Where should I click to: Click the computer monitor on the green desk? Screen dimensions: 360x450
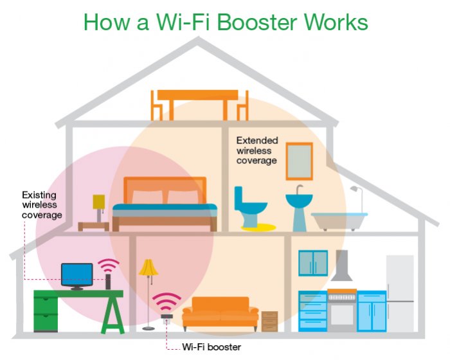76,275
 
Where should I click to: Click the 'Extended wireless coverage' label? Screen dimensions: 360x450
256,150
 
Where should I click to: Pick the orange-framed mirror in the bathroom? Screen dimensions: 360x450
299,161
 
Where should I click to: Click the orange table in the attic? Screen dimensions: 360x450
199,96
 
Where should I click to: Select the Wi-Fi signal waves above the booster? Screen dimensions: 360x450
166,301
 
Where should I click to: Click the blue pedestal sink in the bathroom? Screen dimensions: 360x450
299,206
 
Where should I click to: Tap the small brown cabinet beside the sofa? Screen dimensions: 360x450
270,321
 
